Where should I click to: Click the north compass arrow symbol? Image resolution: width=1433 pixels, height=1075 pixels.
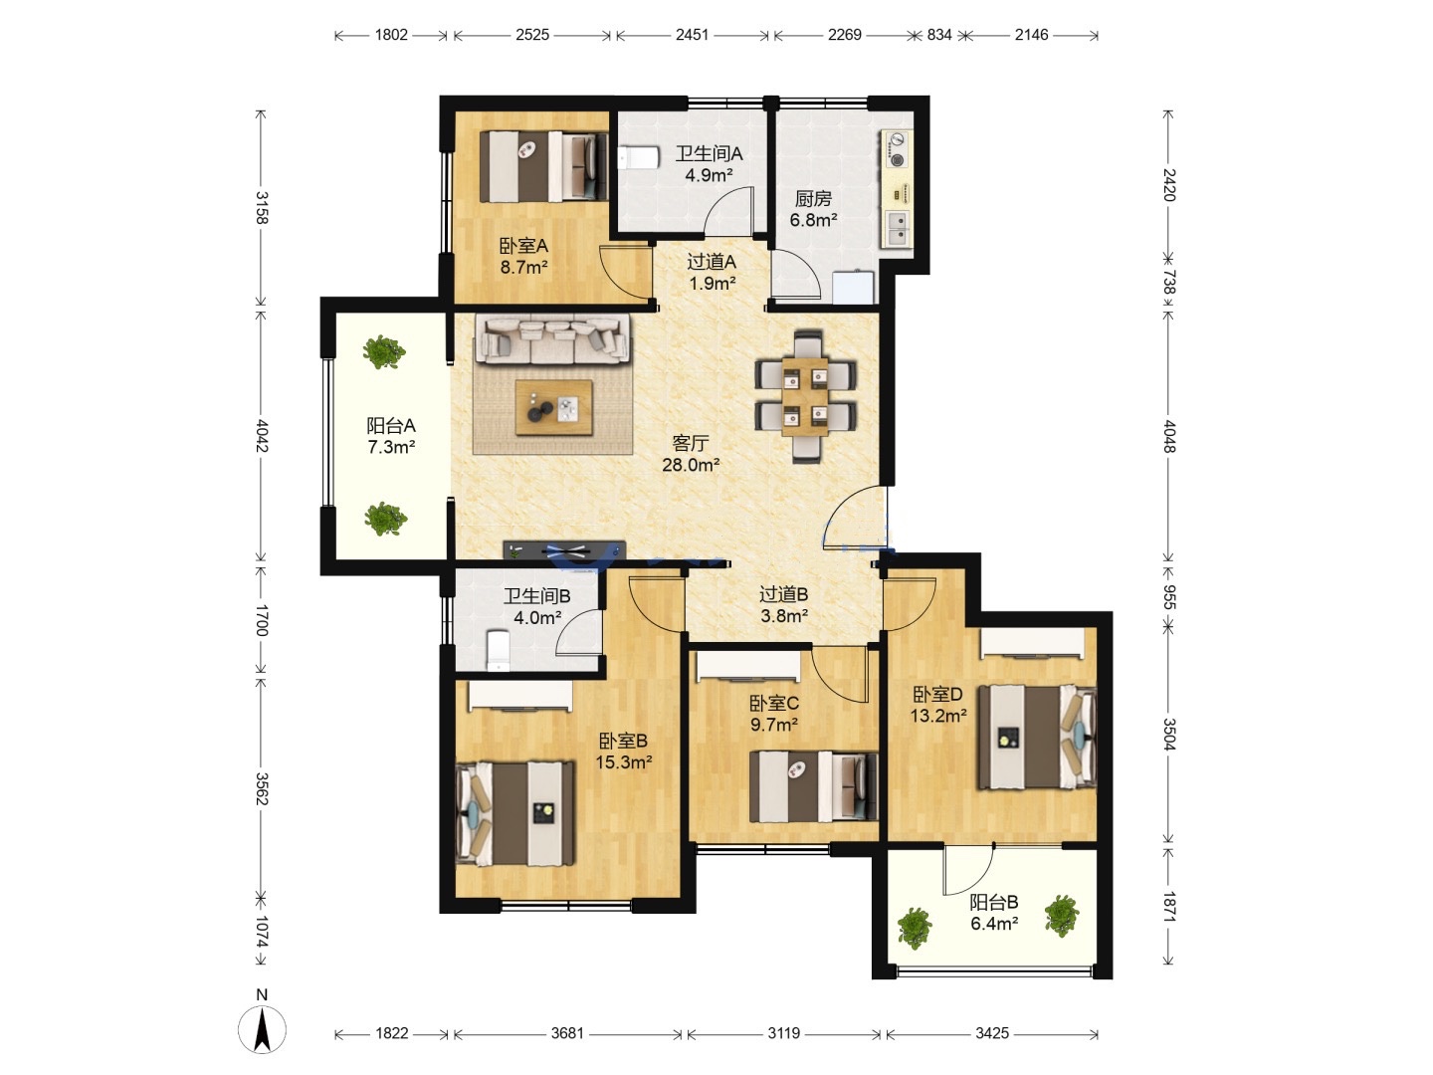tap(262, 1029)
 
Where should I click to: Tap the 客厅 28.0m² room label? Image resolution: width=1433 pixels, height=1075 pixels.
tap(691, 454)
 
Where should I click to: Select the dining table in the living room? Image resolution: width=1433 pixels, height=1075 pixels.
tap(806, 396)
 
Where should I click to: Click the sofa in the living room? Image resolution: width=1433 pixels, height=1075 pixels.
tap(553, 337)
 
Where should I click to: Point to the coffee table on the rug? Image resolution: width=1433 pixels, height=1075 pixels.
tap(553, 408)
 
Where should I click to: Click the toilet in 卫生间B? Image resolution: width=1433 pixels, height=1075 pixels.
tap(499, 650)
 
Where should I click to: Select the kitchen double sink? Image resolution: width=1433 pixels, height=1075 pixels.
tap(898, 228)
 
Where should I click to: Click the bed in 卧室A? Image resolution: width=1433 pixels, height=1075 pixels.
tap(543, 166)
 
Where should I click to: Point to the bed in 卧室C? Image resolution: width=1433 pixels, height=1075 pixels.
tap(813, 786)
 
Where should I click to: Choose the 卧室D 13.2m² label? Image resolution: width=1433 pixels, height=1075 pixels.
tap(938, 705)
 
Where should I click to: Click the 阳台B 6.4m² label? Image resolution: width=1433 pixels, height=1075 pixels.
tap(993, 913)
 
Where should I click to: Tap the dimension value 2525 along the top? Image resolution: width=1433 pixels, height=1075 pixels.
tap(532, 35)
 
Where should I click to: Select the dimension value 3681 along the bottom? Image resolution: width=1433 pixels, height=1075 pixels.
tap(567, 1033)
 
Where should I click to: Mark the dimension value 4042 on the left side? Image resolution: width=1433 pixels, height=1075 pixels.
tap(261, 435)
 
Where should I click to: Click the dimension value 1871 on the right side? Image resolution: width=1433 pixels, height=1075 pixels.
tap(1168, 907)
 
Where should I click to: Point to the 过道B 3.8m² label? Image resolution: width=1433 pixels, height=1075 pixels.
tap(784, 604)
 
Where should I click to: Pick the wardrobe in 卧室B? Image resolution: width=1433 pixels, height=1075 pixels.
tap(520, 695)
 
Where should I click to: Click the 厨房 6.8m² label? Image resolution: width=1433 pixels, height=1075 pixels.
tap(813, 209)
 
